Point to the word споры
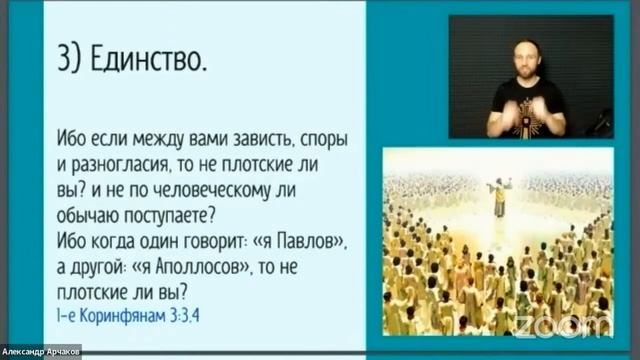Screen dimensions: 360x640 tap(334, 139)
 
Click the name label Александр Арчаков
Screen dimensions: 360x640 tap(41, 351)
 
